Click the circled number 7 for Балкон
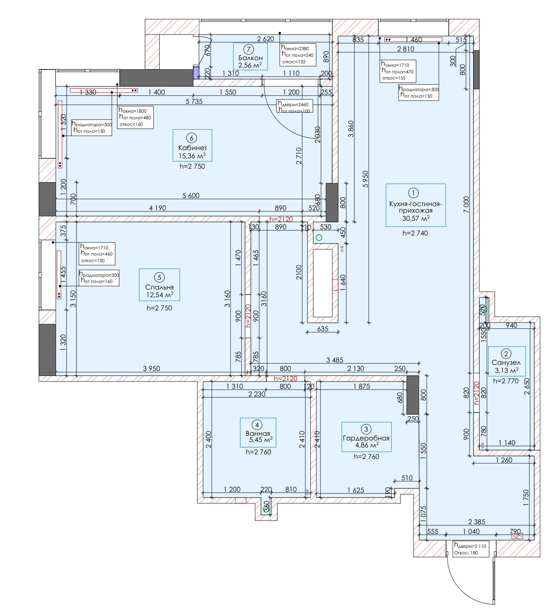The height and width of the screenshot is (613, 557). click(249, 49)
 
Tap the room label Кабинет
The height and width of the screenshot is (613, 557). click(192, 148)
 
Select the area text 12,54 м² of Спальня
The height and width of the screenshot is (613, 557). click(159, 295)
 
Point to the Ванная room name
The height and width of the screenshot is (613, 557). click(258, 433)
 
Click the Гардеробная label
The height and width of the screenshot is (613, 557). click(366, 438)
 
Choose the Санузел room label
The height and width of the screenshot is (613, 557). click(506, 362)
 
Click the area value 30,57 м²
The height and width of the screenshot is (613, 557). click(416, 218)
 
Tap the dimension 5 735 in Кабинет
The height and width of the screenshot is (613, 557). click(194, 102)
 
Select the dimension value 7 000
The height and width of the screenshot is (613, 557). click(466, 205)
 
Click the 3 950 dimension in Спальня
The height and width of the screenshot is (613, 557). click(151, 369)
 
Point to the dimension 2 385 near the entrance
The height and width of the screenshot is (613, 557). click(476, 522)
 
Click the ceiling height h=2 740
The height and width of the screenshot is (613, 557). click(415, 233)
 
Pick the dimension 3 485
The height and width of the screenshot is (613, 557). click(334, 360)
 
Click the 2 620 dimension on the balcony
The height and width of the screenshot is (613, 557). click(266, 39)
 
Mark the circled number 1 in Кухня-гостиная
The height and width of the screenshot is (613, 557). click(413, 193)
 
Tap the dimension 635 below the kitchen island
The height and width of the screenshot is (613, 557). click(322, 329)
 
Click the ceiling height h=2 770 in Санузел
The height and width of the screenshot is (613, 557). click(506, 381)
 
